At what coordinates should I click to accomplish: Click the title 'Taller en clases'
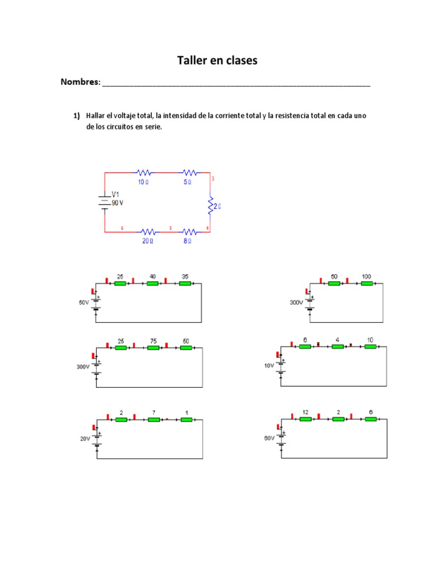point(217,61)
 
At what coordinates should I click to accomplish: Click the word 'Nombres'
point(79,82)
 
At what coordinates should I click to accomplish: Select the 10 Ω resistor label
point(144,182)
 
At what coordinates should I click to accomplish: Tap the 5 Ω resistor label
point(187,182)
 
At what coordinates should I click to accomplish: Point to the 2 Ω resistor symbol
point(210,206)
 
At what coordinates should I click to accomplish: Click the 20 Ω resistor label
point(147,240)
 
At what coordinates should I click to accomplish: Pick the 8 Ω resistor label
point(187,240)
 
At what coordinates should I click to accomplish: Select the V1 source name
point(116,194)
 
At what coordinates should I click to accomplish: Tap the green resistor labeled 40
point(152,283)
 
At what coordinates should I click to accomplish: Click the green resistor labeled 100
point(366,283)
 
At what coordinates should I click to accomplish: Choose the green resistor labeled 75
point(153,348)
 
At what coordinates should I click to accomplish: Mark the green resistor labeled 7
point(153,420)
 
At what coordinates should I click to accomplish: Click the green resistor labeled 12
point(305,419)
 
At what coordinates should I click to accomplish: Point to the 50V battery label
point(84,303)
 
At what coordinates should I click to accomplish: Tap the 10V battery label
point(269,366)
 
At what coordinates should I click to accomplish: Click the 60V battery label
point(269,438)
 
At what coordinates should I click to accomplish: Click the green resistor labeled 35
point(185,283)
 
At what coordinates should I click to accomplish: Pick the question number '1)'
point(76,116)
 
